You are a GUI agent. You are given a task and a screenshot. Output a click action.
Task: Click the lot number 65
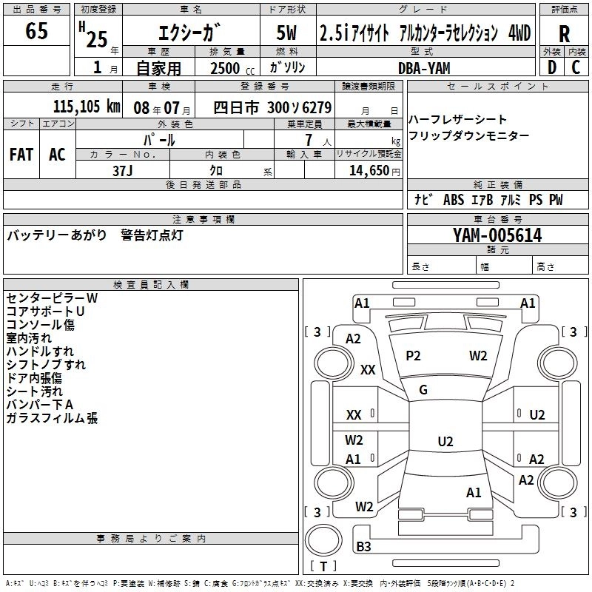point(36,31)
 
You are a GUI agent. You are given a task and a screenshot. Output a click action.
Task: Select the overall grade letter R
point(565,34)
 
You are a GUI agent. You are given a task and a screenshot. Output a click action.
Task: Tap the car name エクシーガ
point(188,33)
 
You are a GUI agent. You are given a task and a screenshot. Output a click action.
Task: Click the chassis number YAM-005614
point(497,235)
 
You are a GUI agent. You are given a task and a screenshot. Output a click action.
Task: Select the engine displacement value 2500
point(225,68)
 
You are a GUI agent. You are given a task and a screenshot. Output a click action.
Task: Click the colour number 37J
point(123,169)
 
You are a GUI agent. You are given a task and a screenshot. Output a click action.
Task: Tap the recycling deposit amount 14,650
point(364,170)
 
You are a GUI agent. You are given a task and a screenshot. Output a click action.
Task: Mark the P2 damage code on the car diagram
point(413,355)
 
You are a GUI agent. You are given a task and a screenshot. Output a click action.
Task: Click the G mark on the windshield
point(423,390)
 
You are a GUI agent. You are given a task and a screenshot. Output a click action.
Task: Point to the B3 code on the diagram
point(363,547)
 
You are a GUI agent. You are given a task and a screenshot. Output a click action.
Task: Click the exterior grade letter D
point(551,67)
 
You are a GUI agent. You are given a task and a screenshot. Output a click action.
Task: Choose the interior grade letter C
point(576,67)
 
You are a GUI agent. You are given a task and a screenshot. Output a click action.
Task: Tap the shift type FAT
point(21,155)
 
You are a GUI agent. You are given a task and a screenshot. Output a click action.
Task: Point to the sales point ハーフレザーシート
point(457,120)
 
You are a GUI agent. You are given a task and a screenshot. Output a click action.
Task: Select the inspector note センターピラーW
point(52,298)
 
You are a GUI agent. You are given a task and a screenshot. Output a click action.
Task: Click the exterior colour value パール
point(159,139)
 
